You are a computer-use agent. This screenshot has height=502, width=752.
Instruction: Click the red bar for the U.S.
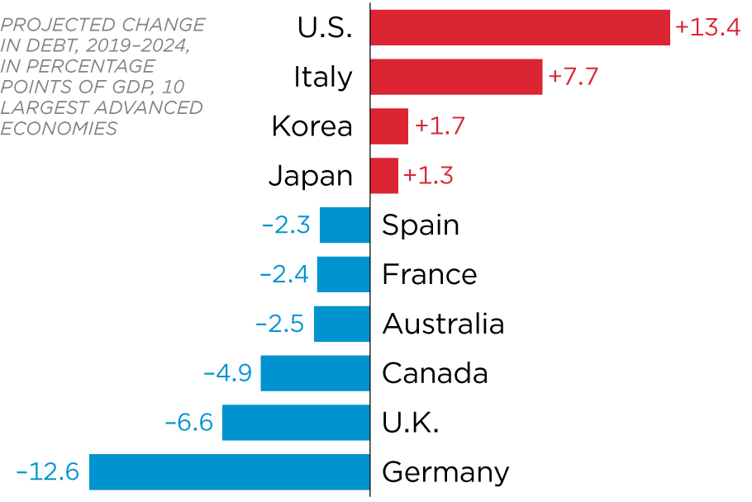click(x=519, y=27)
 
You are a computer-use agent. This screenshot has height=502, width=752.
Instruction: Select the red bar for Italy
click(x=455, y=77)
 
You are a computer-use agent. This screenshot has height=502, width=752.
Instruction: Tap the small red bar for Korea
click(x=388, y=126)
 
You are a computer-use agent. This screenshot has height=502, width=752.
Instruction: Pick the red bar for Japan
click(x=383, y=176)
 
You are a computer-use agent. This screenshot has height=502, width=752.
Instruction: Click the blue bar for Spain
click(x=345, y=225)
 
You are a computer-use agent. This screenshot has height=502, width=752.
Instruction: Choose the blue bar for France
click(x=343, y=274)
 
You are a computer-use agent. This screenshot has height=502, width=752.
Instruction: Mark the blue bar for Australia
click(x=341, y=324)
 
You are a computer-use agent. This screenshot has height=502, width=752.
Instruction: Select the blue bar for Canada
click(x=315, y=373)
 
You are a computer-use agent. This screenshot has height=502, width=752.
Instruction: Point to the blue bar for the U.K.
click(x=296, y=422)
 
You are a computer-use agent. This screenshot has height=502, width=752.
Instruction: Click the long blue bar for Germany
click(x=229, y=471)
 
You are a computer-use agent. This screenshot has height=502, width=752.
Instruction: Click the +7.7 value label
click(x=573, y=77)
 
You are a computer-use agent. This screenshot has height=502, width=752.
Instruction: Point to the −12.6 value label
click(x=47, y=471)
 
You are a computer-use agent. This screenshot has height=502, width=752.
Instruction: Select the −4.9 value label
click(x=227, y=373)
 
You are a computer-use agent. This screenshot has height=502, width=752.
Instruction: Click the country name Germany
click(x=445, y=473)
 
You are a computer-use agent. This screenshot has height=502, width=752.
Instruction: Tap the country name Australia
click(x=443, y=324)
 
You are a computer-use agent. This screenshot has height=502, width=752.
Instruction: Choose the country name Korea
click(x=312, y=126)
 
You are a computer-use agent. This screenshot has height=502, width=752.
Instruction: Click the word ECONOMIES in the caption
click(x=59, y=128)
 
